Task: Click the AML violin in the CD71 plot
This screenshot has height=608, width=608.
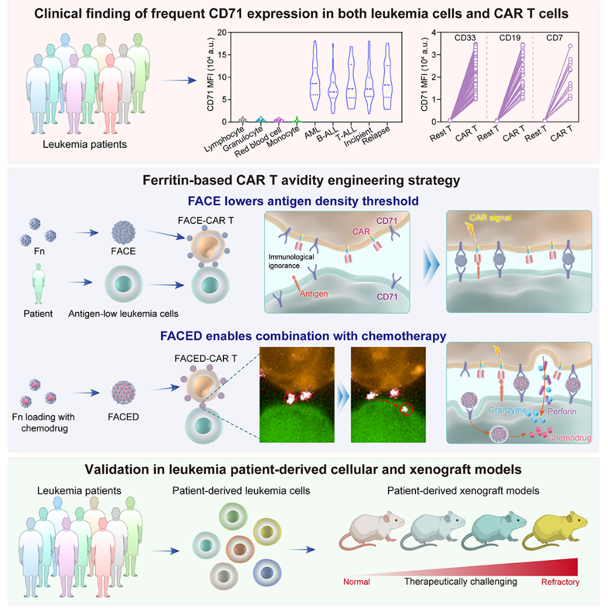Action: [x=314, y=80]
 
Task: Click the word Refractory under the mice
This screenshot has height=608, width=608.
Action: [x=559, y=582]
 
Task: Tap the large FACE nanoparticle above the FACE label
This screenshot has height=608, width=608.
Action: [x=122, y=226]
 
